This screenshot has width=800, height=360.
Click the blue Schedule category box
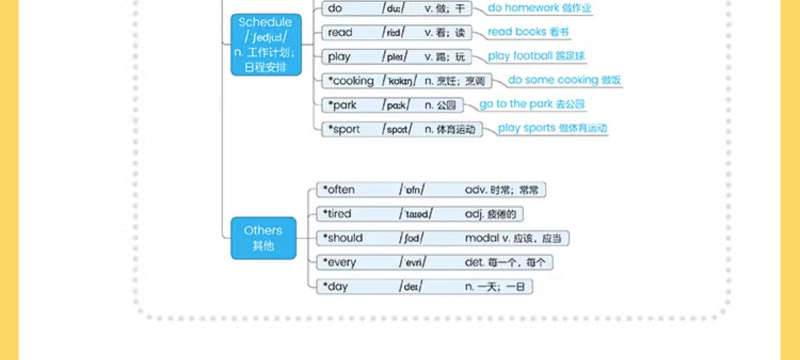[266, 44]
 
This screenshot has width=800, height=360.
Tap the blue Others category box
[263, 238]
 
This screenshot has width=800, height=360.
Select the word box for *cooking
[407, 81]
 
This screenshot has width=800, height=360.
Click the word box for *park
[393, 105]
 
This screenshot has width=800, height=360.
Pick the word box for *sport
[402, 129]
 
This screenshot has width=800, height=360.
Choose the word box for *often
[431, 190]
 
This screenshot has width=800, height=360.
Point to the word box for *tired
[420, 214]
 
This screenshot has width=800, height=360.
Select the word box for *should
[443, 238]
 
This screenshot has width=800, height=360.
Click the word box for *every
[434, 262]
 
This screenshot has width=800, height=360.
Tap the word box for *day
[425, 286]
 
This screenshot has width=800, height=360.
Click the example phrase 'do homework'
[539, 8]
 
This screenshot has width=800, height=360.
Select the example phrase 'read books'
[528, 32]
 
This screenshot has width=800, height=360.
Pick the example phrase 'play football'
[536, 56]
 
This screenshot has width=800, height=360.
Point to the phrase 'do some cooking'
[564, 80]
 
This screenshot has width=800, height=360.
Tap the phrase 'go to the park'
[532, 104]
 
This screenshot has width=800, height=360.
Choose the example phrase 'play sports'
[552, 128]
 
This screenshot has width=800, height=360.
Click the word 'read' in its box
[340, 33]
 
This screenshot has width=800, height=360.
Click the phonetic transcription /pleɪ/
[395, 57]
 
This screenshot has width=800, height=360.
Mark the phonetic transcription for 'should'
[411, 238]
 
